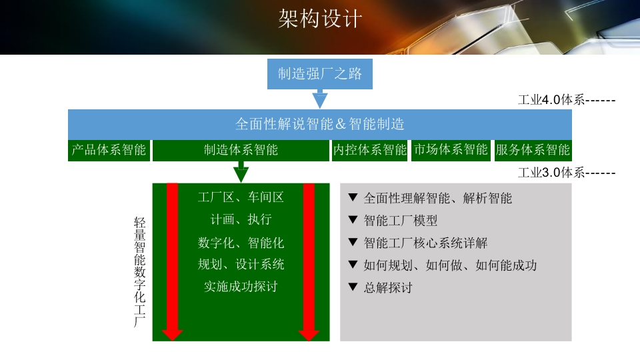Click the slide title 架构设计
tap(320, 19)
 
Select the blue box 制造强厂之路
tap(320, 74)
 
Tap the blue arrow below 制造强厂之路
tap(320, 99)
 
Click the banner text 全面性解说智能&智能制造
tap(320, 124)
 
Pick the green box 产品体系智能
tap(109, 150)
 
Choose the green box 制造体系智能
tap(241, 150)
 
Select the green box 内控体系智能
tap(370, 150)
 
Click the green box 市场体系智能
tap(451, 150)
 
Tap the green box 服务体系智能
tap(533, 150)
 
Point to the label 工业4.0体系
tap(551, 99)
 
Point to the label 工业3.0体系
tap(551, 173)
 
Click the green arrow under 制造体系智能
tap(241, 172)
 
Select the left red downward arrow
tap(172, 261)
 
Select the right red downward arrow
tap(309, 261)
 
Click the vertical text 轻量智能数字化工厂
tap(139, 272)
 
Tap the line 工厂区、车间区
tap(241, 197)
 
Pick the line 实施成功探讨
tap(241, 287)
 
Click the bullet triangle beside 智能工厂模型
tap(353, 220)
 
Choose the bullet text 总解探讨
tap(388, 288)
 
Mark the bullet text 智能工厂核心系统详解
tap(426, 243)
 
